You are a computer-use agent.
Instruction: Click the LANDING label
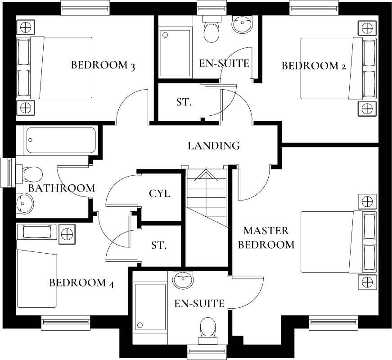pos(213,146)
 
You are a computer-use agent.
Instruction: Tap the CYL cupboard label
pos(159,194)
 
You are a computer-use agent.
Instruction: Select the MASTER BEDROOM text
pos(266,238)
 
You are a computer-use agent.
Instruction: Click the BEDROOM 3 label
pos(103,65)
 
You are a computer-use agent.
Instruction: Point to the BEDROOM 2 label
pos(313,66)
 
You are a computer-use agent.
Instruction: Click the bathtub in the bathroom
pos(61,140)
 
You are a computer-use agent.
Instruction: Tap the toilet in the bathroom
pos(30,174)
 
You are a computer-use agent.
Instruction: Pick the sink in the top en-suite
pos(243,25)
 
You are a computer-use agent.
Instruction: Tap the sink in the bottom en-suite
pos(183,280)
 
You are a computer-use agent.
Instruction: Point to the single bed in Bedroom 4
pos(36,266)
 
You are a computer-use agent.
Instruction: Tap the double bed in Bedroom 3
pos(54,68)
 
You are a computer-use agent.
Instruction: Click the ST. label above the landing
pos(184,102)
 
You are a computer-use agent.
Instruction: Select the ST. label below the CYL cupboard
pos(159,246)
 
